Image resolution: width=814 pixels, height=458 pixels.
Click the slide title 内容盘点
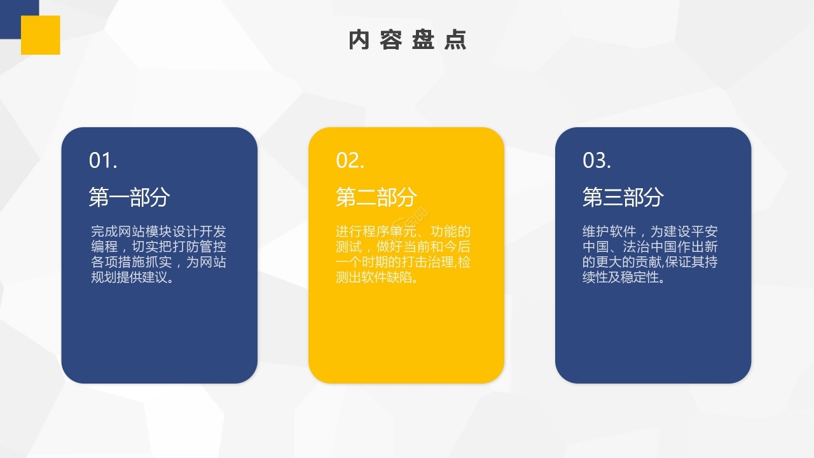(x=408, y=40)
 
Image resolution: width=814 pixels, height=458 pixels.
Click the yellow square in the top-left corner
(x=40, y=35)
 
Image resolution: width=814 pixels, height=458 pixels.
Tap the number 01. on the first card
(x=103, y=161)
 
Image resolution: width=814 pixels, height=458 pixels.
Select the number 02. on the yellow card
(x=350, y=161)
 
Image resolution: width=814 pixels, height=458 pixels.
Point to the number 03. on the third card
(x=597, y=161)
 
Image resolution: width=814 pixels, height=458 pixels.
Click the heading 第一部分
(x=129, y=197)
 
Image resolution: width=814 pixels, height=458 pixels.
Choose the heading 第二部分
(x=376, y=197)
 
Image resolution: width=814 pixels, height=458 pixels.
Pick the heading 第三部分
(x=623, y=197)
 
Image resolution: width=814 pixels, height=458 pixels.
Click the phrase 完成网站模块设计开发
(x=158, y=232)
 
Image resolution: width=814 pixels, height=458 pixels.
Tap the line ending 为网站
(x=158, y=262)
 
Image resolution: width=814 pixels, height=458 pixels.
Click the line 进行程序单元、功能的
(x=403, y=232)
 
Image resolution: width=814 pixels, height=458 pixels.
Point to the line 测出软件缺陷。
(x=377, y=278)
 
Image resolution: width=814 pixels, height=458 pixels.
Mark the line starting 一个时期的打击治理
(x=403, y=262)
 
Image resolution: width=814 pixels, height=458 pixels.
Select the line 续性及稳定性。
(x=624, y=278)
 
